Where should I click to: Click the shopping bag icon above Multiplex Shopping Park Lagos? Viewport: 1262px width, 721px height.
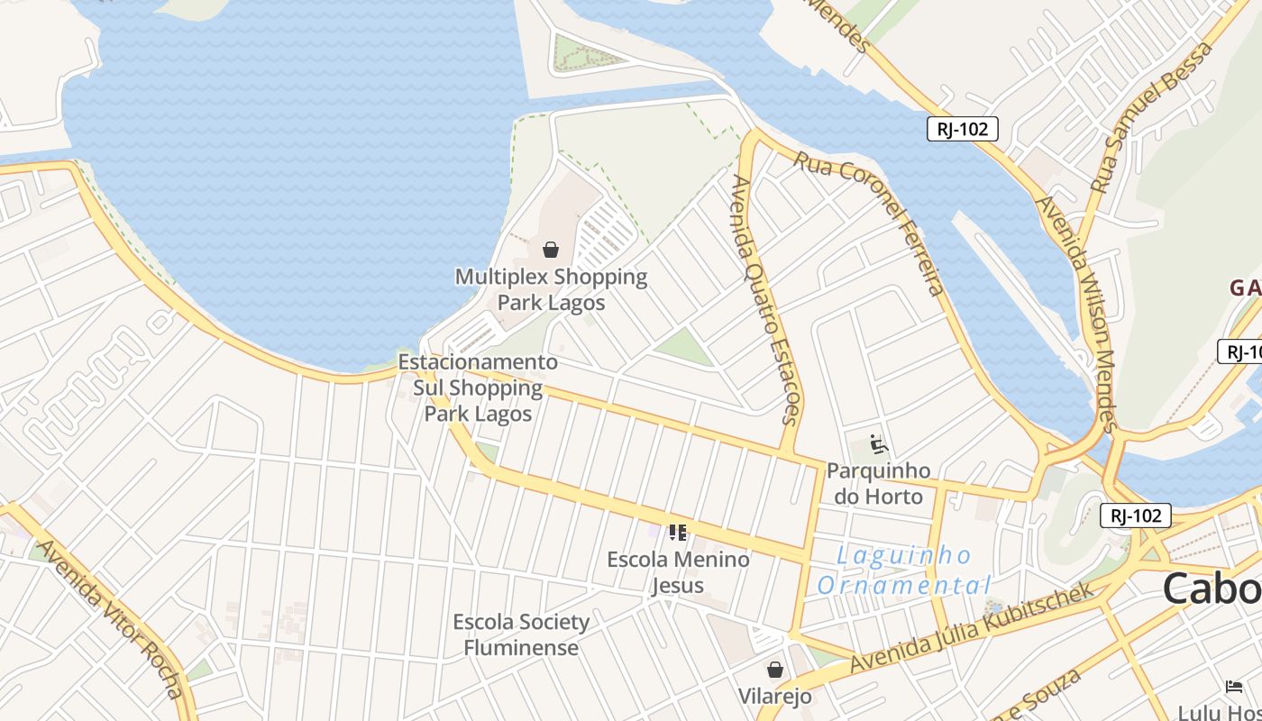click(551, 250)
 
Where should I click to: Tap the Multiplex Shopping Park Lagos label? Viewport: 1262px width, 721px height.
click(551, 289)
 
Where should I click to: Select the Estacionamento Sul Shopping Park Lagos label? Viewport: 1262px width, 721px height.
click(478, 388)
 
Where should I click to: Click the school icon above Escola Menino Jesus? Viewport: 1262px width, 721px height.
click(678, 533)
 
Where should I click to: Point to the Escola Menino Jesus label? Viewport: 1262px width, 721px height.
click(678, 572)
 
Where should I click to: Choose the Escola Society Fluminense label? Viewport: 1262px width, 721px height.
click(521, 634)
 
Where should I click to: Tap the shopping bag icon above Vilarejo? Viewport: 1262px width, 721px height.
click(774, 670)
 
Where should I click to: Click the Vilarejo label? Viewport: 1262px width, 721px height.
click(774, 697)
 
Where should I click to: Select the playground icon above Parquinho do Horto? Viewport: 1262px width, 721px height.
click(878, 444)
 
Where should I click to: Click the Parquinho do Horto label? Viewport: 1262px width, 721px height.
click(878, 483)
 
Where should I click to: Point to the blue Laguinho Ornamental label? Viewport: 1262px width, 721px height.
click(904, 570)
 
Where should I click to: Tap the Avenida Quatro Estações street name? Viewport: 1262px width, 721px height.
click(765, 299)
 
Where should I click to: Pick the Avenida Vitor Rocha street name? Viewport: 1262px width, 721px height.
click(110, 619)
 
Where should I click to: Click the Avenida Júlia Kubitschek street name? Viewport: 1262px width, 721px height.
click(974, 627)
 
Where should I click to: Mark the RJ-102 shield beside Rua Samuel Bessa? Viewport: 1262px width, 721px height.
click(963, 129)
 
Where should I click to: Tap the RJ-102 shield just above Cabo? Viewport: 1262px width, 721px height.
click(1136, 516)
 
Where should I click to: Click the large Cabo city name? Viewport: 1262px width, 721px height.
click(1212, 589)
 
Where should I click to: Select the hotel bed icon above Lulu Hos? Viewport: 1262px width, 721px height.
click(1234, 687)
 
